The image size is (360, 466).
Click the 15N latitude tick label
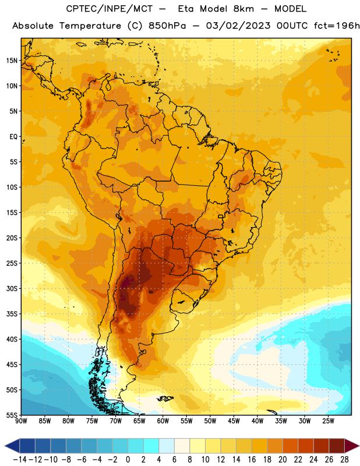(12, 61)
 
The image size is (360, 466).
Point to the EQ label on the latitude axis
(13, 137)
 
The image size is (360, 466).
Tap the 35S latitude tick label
(12, 314)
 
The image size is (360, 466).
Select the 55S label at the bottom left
(12, 415)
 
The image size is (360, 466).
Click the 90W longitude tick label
(21, 421)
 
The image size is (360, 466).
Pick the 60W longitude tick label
(163, 421)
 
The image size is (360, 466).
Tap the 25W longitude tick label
(328, 421)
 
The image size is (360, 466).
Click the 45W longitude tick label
(234, 421)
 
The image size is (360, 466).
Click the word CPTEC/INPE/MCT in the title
(110, 9)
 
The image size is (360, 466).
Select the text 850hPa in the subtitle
(167, 26)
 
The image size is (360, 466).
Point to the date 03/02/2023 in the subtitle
(238, 26)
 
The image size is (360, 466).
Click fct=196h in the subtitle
(337, 26)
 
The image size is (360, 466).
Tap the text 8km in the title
(243, 9)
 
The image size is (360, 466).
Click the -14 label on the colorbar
(20, 460)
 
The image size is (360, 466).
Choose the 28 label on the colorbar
(344, 460)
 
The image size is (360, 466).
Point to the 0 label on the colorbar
(128, 460)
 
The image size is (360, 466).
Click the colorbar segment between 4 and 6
(167, 446)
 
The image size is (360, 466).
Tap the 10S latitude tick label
(12, 187)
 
